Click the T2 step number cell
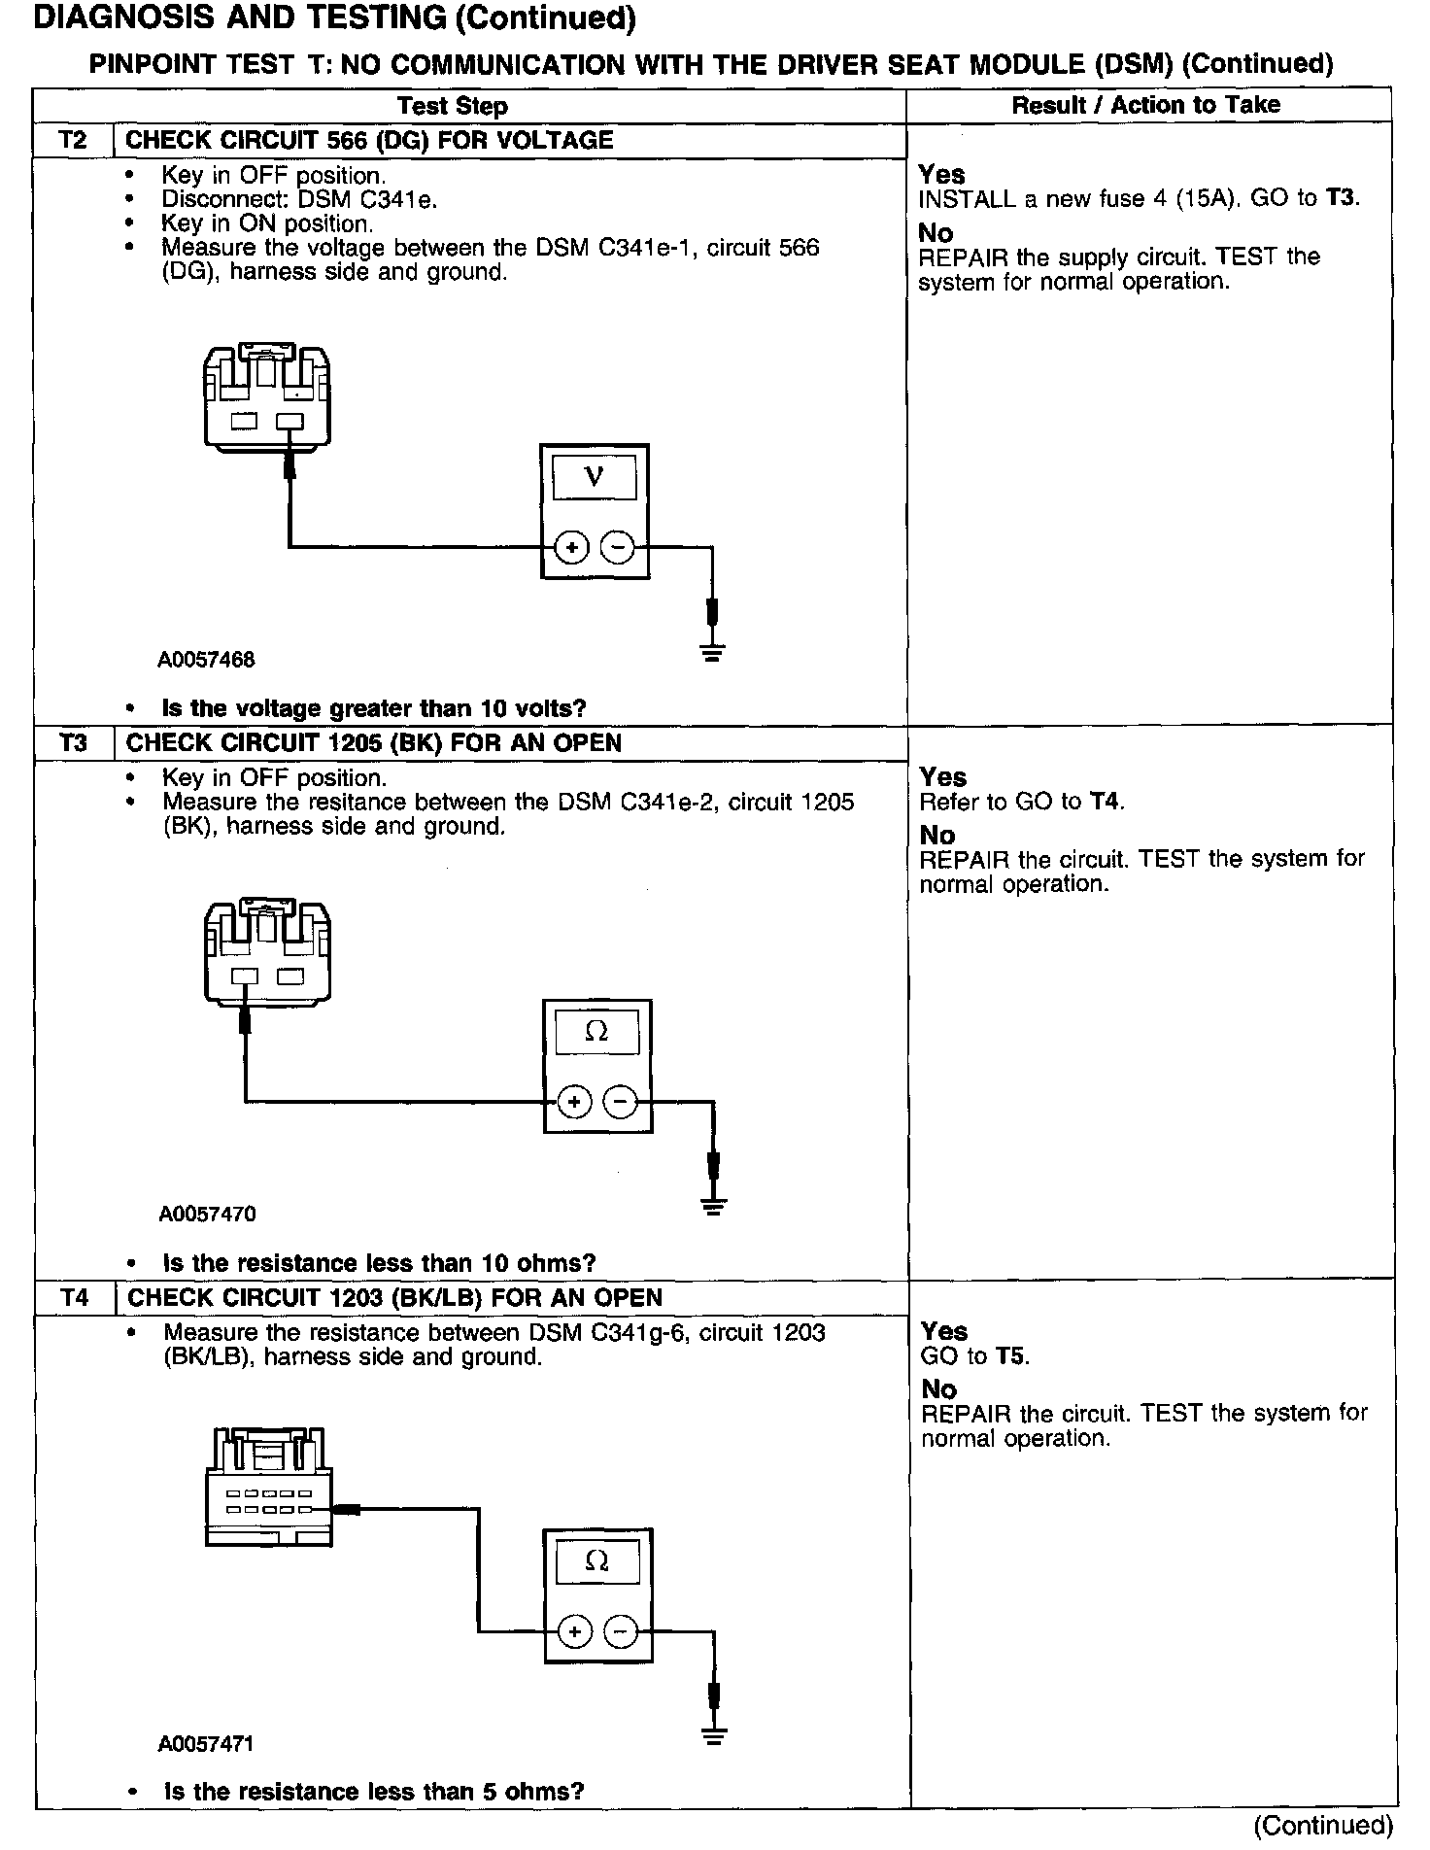(73, 140)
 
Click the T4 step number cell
(75, 1298)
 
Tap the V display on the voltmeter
(595, 477)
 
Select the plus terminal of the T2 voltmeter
(571, 548)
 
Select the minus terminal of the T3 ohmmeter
(620, 1102)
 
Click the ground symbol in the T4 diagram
(714, 1735)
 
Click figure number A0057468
(206, 661)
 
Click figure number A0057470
(207, 1215)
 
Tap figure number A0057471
(206, 1744)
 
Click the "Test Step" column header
(453, 106)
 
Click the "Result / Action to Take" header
(1146, 105)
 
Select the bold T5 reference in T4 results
(1010, 1356)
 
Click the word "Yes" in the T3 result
(943, 777)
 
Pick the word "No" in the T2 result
(936, 233)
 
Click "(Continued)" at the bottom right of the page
(1323, 1826)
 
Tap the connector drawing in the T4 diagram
(267, 1488)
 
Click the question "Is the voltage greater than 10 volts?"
(374, 709)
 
